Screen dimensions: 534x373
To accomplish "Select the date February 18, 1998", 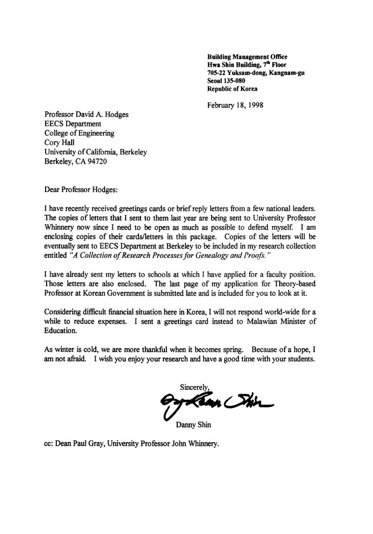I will tap(235, 105).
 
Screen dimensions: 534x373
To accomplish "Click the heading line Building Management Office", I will tap(247, 57).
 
